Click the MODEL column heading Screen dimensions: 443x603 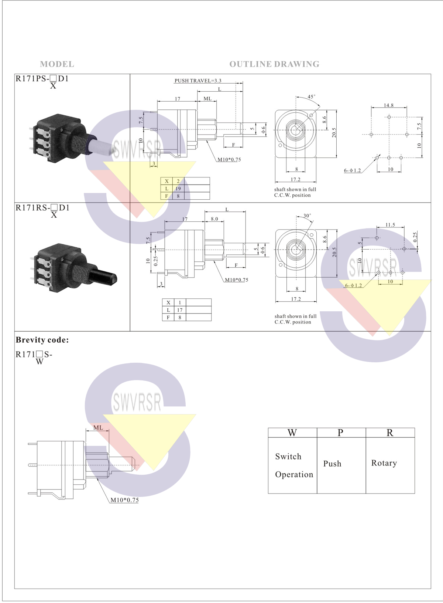click(57, 64)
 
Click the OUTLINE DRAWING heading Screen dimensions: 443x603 click(274, 64)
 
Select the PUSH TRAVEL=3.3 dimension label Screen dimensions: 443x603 click(198, 81)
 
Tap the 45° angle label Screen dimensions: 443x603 click(312, 96)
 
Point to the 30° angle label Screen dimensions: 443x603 click(307, 216)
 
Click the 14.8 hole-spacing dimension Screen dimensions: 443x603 click(389, 105)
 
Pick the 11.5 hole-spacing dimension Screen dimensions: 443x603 click(390, 224)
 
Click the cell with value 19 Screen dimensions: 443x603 click(178, 189)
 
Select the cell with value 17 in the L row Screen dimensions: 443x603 click(179, 310)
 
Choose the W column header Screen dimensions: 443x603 click(292, 433)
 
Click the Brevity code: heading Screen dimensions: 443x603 click(42, 340)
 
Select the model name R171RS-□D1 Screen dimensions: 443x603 click(42, 207)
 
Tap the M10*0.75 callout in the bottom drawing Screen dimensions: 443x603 click(125, 500)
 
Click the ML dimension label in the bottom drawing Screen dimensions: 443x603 click(98, 427)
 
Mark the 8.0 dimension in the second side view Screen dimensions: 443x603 click(214, 219)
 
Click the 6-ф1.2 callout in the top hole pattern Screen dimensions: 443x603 click(353, 170)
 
